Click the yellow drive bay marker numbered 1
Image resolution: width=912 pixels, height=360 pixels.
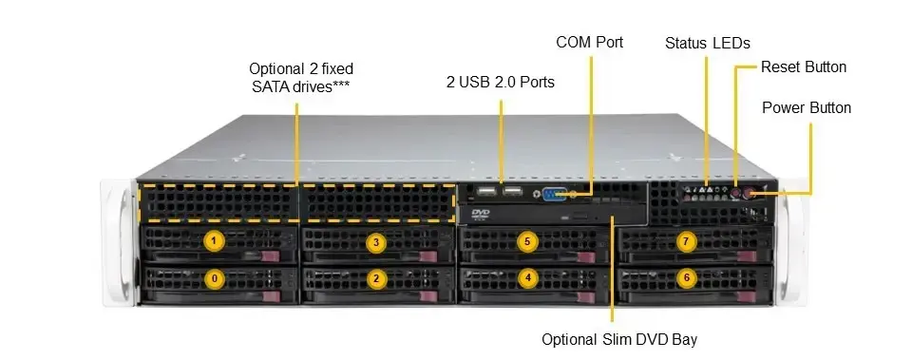(x=215, y=241)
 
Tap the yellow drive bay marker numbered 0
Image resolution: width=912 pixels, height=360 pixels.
(x=215, y=278)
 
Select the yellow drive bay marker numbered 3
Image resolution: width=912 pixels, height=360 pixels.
(x=376, y=242)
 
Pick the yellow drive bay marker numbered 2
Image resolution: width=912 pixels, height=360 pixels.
(x=376, y=278)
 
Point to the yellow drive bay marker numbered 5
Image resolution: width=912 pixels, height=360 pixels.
(x=528, y=242)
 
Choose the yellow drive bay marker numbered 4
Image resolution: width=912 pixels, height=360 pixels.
(x=528, y=278)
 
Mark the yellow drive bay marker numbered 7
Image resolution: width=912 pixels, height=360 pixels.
(x=686, y=241)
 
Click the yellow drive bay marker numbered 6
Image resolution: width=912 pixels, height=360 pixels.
(x=686, y=278)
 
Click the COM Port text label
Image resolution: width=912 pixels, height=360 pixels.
(x=589, y=42)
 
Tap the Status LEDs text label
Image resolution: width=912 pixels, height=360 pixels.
(x=708, y=43)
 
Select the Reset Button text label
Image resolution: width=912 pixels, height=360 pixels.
(x=804, y=67)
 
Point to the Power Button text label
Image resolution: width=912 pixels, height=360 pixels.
(x=807, y=107)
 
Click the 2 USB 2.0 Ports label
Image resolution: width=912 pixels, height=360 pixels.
(x=501, y=82)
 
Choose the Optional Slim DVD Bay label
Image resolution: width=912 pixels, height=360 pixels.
(x=612, y=338)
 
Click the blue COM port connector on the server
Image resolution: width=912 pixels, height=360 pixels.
(x=557, y=194)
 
